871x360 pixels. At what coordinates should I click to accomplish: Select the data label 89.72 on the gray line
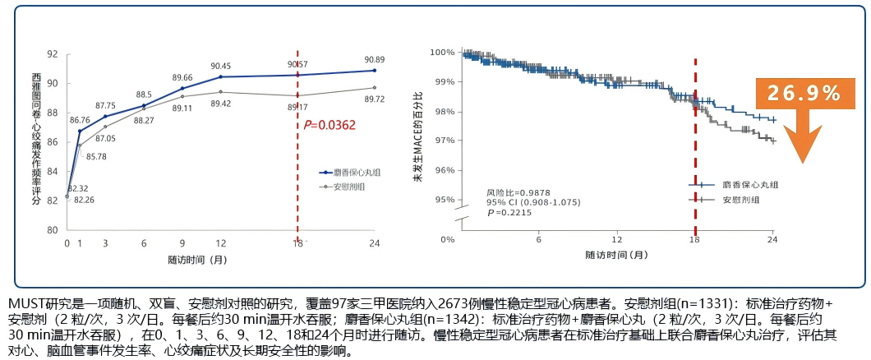pyautogui.click(x=374, y=99)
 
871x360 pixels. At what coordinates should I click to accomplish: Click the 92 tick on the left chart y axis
pyautogui.click(x=52, y=54)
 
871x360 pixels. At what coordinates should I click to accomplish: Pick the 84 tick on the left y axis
pyautogui.click(x=52, y=172)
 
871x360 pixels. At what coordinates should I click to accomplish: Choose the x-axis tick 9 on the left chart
pyautogui.click(x=182, y=244)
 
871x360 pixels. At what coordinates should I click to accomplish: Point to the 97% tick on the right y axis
pyautogui.click(x=444, y=141)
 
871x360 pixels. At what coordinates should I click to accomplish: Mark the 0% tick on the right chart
pyautogui.click(x=447, y=239)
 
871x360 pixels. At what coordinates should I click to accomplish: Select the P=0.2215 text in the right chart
pyautogui.click(x=509, y=213)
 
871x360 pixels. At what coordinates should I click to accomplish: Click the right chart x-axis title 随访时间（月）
pyautogui.click(x=617, y=256)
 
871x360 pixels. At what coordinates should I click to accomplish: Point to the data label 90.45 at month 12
pyautogui.click(x=220, y=66)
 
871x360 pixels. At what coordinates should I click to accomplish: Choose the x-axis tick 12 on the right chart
pyautogui.click(x=617, y=239)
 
